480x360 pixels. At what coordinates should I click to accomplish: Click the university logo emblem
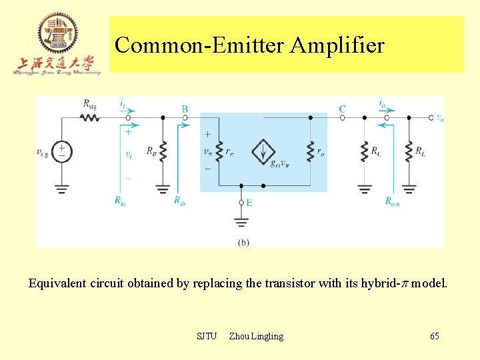(57, 33)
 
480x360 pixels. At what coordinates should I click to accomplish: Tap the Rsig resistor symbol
(90, 117)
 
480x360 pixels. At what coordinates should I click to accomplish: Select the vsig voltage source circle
(61, 151)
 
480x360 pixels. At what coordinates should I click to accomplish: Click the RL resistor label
(420, 151)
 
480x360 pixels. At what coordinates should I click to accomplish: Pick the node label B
(185, 109)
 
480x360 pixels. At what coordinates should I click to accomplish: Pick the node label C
(342, 109)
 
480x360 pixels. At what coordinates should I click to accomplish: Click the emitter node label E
(249, 203)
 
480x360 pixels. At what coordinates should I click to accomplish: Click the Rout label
(393, 200)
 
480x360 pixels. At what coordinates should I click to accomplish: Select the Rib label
(179, 200)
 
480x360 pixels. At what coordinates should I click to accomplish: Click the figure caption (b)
(243, 243)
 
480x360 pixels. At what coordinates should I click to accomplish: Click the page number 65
(434, 336)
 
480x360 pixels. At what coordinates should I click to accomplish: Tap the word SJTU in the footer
(207, 336)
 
